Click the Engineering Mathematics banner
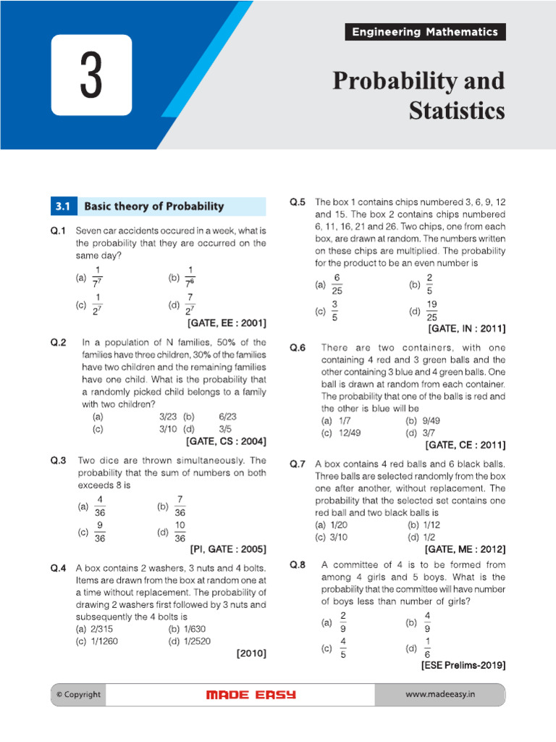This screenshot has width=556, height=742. pyautogui.click(x=424, y=32)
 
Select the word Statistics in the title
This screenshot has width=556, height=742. pyautogui.click(x=456, y=112)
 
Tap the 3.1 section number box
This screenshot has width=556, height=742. pyautogui.click(x=62, y=207)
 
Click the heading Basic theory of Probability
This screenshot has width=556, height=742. pyautogui.click(x=154, y=207)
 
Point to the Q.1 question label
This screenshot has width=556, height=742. pyautogui.click(x=58, y=231)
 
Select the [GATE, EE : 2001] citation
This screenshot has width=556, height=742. pyautogui.click(x=227, y=322)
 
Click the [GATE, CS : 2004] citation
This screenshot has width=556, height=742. pyautogui.click(x=227, y=441)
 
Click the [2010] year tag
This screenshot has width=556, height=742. pyautogui.click(x=251, y=653)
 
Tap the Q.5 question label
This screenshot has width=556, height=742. pyautogui.click(x=298, y=202)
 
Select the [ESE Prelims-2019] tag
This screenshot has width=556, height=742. pyautogui.click(x=463, y=664)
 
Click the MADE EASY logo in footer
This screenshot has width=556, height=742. pyautogui.click(x=250, y=695)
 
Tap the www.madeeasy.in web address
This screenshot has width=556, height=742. pyautogui.click(x=439, y=695)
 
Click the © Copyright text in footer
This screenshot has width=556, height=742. pyautogui.click(x=78, y=695)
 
